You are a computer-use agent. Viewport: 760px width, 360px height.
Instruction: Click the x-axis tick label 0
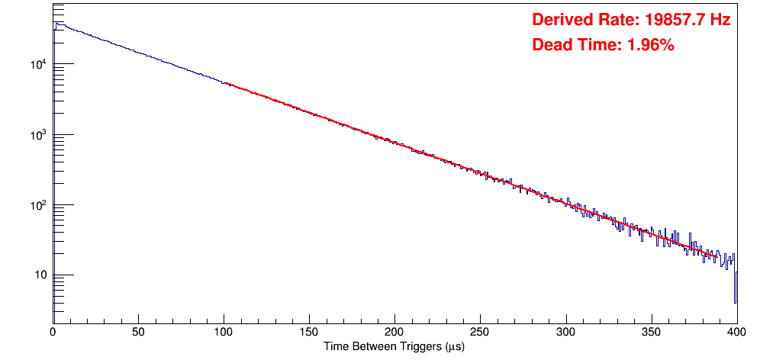(x=53, y=332)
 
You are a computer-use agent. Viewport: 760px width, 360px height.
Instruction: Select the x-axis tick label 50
(x=138, y=332)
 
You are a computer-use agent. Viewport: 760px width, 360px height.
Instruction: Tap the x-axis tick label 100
(x=224, y=332)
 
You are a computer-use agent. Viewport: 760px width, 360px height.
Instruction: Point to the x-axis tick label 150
(x=309, y=332)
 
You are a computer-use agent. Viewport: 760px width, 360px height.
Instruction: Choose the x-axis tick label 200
(x=394, y=332)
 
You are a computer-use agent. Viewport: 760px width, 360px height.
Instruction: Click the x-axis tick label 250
(x=480, y=332)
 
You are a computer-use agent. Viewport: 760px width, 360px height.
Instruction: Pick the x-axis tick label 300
(x=565, y=332)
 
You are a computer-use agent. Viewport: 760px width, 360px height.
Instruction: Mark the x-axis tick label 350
(x=651, y=332)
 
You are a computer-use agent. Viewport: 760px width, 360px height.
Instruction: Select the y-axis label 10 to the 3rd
(x=38, y=134)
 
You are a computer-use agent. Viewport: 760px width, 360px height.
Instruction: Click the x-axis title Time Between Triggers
(x=394, y=346)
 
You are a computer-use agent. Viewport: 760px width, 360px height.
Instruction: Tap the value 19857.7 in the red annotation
(x=673, y=21)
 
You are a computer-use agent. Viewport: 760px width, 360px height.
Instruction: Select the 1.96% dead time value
(x=650, y=46)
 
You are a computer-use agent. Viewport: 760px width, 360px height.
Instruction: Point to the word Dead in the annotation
(x=552, y=46)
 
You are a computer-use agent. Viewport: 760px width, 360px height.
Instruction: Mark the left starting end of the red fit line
(x=225, y=83)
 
